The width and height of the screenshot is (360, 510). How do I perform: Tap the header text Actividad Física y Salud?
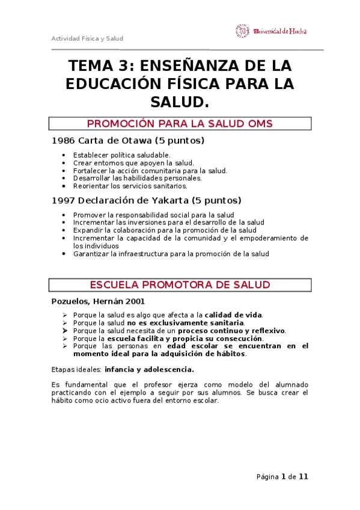tap(87, 38)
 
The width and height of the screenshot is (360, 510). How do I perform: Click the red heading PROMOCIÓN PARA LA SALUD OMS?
tap(180, 124)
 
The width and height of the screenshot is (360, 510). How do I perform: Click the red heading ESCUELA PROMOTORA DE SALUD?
tap(180, 284)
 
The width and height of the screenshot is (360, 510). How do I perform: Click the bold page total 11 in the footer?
tap(303, 477)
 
